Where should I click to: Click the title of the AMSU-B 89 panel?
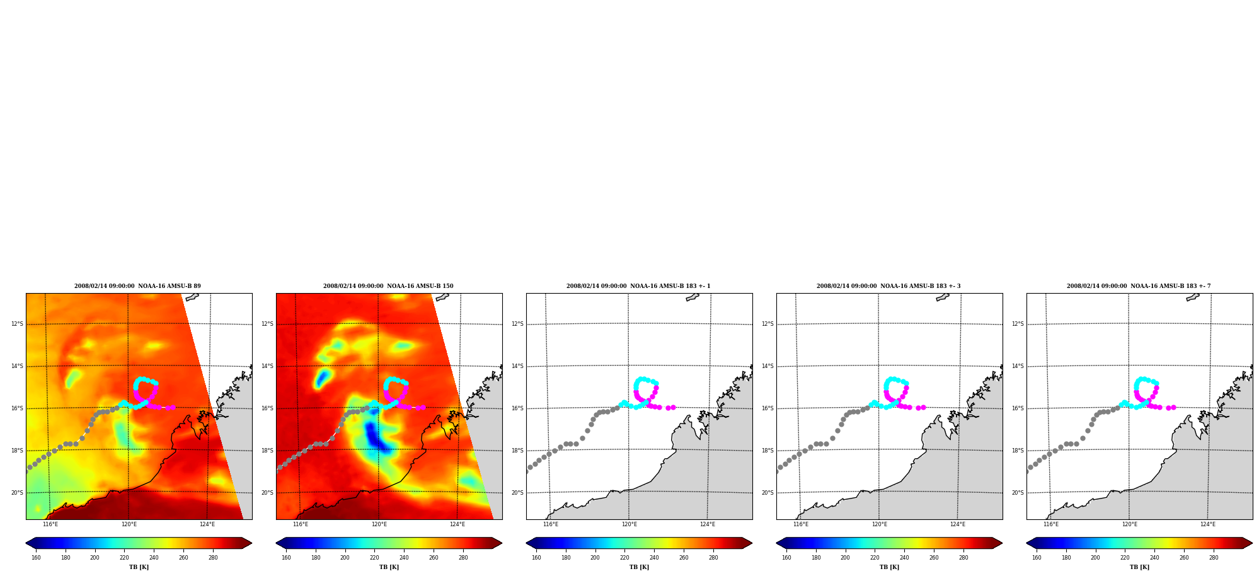(137, 286)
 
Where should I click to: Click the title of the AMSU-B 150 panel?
(388, 286)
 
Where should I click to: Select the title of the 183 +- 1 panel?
(638, 286)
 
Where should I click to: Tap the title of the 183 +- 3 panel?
(888, 286)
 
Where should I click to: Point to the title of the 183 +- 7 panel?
(1139, 286)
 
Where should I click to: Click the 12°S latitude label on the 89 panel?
(17, 325)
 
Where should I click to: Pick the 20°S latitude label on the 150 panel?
(267, 493)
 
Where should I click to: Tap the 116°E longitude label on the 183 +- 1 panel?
(551, 524)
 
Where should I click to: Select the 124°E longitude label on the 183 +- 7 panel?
(1208, 524)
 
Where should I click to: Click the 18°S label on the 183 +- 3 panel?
(767, 451)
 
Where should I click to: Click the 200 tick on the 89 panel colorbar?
(95, 558)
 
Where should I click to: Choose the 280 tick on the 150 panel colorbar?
(463, 558)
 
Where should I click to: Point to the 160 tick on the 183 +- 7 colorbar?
(1037, 558)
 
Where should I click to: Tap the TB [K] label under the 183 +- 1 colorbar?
(639, 567)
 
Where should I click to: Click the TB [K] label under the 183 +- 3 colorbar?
(889, 567)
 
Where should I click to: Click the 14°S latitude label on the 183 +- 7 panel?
(1018, 367)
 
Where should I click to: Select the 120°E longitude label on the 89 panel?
(129, 524)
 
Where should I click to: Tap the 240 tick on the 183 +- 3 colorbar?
(904, 558)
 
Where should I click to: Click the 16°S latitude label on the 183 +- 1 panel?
(517, 409)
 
